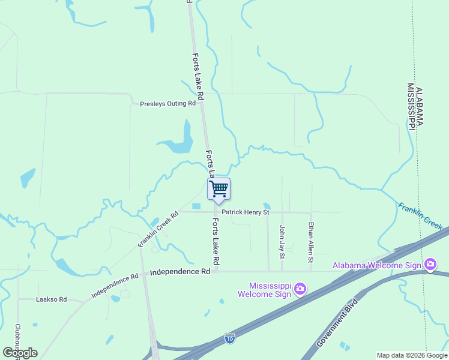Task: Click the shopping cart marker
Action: coord(218,189)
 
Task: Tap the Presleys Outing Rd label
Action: coord(168,103)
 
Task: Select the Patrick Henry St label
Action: coord(245,212)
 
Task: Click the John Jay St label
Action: coord(282,241)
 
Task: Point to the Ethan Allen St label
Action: coord(310,242)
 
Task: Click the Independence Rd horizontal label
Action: coord(179,272)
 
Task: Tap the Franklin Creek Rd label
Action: coord(158,230)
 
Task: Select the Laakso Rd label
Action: coord(51,299)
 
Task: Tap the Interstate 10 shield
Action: coord(230,338)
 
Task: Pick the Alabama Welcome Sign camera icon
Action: coord(430,265)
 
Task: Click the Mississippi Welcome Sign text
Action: coord(262,290)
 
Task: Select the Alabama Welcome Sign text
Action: coord(378,265)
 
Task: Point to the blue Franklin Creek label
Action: coord(420,216)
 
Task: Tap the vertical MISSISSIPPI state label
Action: coord(411,106)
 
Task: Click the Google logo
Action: coord(20,352)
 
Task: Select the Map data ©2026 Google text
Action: coord(411,355)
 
